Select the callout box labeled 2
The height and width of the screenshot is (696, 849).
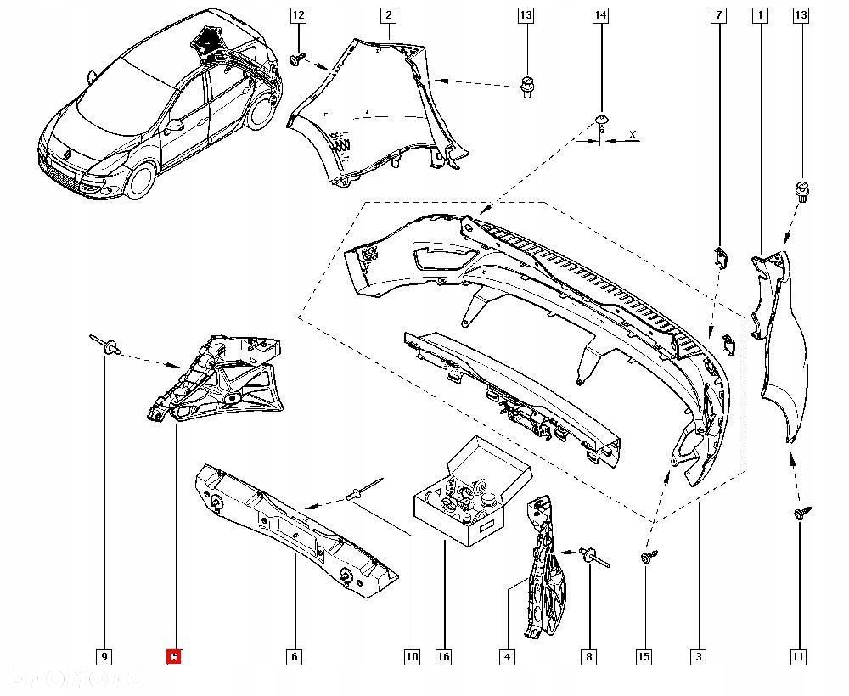point(388,15)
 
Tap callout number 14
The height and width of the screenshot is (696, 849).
point(600,15)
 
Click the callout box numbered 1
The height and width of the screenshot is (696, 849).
point(759,15)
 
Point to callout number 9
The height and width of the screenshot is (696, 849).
point(104,656)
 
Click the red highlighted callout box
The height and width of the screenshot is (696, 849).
point(174,656)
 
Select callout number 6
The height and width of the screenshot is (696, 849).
point(294,656)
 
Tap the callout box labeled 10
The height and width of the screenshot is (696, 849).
point(412,656)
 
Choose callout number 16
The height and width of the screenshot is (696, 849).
point(443,656)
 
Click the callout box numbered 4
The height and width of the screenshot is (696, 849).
point(507,656)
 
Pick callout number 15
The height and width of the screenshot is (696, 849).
point(644,656)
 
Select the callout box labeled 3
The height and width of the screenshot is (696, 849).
point(699,656)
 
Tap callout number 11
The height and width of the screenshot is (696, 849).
point(799,656)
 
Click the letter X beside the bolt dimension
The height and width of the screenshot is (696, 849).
point(633,135)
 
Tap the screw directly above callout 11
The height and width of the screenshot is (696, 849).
point(801,513)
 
